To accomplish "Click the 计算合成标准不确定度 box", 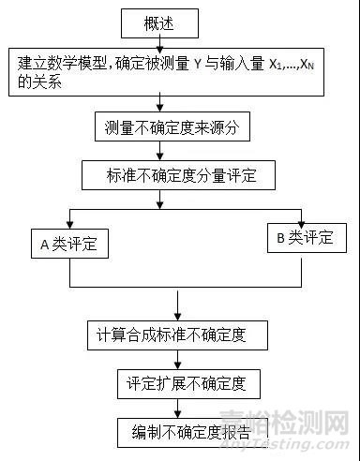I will [178, 334].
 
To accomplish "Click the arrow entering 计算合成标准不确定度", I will [177, 305].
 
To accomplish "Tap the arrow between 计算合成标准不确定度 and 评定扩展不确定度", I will [177, 360].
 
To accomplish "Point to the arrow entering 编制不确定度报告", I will [177, 409].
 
